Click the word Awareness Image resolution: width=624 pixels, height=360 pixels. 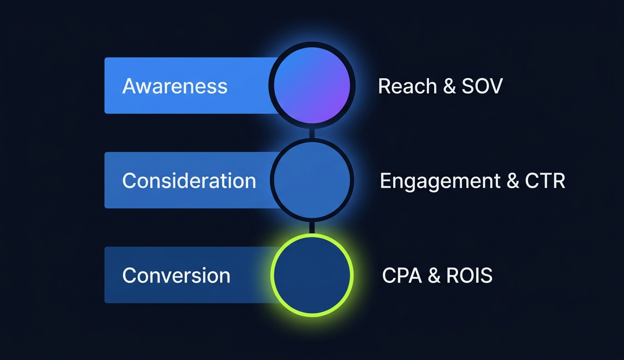pyautogui.click(x=175, y=86)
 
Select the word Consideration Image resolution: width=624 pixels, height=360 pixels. pyautogui.click(x=189, y=180)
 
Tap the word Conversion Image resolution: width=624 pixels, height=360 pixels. pyautogui.click(x=176, y=275)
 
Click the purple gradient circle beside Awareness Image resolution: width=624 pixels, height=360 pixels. pyautogui.click(x=312, y=85)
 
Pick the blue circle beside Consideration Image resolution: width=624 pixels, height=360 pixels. pyautogui.click(x=312, y=180)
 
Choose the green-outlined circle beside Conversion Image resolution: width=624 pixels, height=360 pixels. pyautogui.click(x=312, y=275)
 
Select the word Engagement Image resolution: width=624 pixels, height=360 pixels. pyautogui.click(x=440, y=181)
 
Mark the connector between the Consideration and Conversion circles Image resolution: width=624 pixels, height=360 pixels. pyautogui.click(x=312, y=227)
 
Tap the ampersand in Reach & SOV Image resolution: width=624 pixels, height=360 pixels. pyautogui.click(x=449, y=87)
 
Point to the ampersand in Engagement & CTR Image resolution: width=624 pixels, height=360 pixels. pyautogui.click(x=513, y=181)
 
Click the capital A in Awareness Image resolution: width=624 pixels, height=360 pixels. pyautogui.click(x=129, y=86)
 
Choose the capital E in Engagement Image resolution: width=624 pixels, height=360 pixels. pyautogui.click(x=385, y=181)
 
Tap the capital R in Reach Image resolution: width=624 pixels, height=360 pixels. pyautogui.click(x=384, y=86)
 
